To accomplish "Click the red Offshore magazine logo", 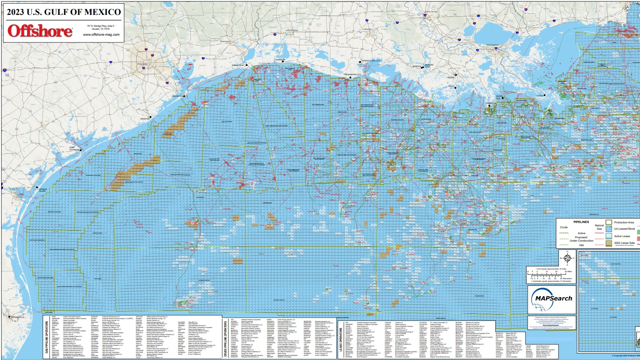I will tap(40, 31).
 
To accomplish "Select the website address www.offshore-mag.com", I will tap(101, 35).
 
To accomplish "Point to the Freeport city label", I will tap(145, 119).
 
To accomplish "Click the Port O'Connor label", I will tap(74, 149).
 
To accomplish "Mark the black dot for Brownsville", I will tap(9, 317).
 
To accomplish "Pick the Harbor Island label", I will tap(43, 190).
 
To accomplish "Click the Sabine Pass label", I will tap(237, 65).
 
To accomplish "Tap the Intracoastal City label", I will tap(371, 61).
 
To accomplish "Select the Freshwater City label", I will tap(352, 74).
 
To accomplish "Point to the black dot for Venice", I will tap(545, 95).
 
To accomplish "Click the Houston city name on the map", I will tap(142, 64).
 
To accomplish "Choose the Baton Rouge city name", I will tap(431, 12).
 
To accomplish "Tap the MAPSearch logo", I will tap(553, 299).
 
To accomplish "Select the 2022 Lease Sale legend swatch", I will tap(609, 243).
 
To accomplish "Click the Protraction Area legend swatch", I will tap(609, 222).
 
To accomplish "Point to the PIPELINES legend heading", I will tap(581, 222).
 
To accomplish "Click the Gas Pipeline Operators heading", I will tap(47, 337).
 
